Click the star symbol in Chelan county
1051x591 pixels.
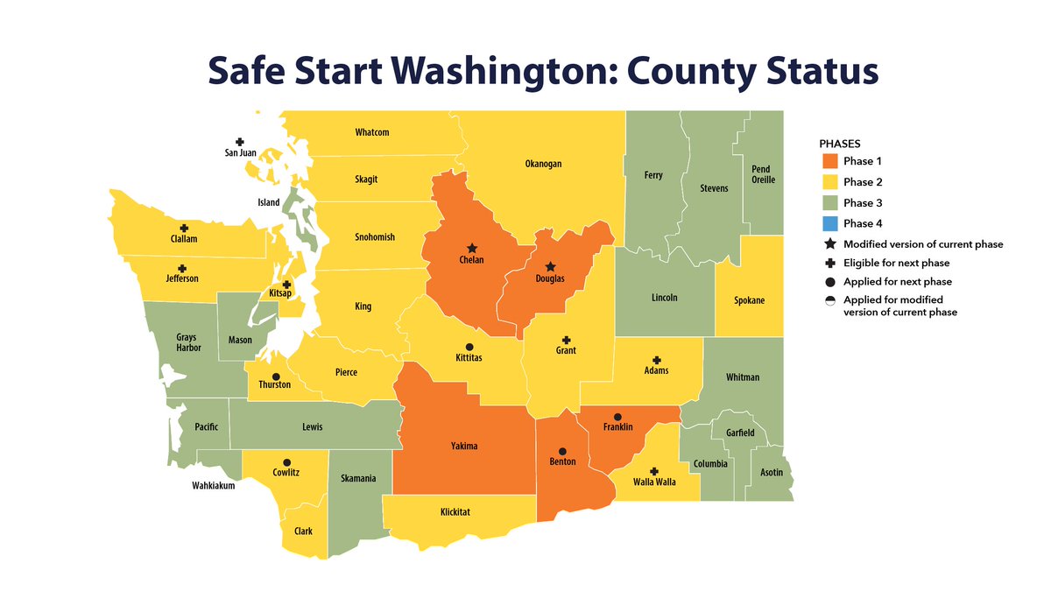point(472,248)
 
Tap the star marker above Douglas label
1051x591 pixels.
point(550,266)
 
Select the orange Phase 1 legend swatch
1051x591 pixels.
point(830,161)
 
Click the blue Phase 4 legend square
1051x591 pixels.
point(830,223)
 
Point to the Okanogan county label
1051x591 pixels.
point(543,164)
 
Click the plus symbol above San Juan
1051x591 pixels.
point(239,141)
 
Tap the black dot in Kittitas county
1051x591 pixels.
point(469,347)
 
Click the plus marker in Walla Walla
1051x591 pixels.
point(654,470)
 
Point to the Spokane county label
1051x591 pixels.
point(749,300)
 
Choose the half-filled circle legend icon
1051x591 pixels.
point(829,300)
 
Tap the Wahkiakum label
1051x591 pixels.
point(214,486)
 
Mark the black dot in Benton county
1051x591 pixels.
point(561,450)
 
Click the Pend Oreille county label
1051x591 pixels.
point(761,175)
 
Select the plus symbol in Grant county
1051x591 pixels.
point(566,339)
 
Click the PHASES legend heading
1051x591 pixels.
point(840,142)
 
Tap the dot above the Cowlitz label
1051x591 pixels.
point(286,461)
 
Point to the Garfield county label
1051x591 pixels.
point(740,433)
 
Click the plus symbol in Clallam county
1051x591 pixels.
point(184,227)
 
